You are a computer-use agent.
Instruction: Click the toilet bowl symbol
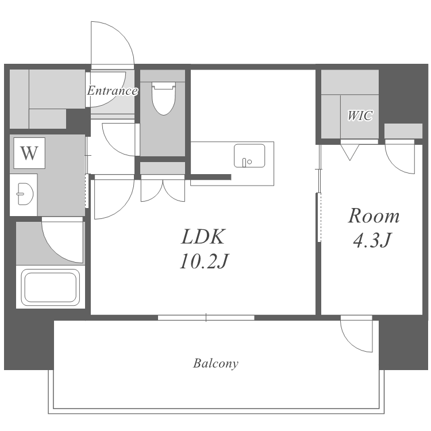[x=164, y=98]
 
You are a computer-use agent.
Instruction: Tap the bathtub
[x=51, y=287]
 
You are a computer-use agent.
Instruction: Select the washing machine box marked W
[x=29, y=153]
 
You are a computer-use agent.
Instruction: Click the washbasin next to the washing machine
[x=25, y=194]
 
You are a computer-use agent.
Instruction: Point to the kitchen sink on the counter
[x=249, y=156]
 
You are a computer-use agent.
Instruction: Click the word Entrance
[x=112, y=91]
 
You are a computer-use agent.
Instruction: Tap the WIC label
[x=360, y=116]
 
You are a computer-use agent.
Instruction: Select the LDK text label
[x=203, y=237]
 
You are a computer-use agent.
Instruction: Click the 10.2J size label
[x=204, y=261]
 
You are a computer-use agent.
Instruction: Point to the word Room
[x=374, y=216]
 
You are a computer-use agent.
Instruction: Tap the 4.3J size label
[x=372, y=240]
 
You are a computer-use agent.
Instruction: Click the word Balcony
[x=215, y=363]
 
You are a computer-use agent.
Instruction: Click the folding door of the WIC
[x=350, y=150]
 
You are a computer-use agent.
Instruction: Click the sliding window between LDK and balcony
[x=206, y=318]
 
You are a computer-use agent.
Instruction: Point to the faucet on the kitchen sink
[x=244, y=163]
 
